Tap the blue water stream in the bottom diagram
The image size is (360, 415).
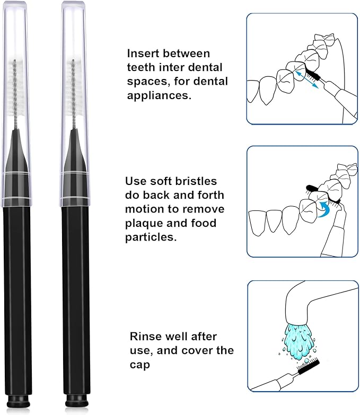[x=300, y=334]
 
